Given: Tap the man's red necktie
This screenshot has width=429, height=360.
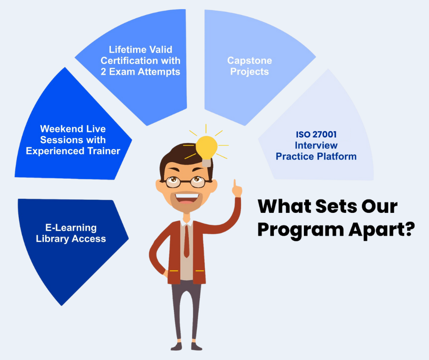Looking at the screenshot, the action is (x=187, y=241).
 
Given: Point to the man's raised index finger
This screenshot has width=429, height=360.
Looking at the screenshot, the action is (x=235, y=184).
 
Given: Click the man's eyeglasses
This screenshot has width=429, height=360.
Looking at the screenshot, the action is (x=185, y=182).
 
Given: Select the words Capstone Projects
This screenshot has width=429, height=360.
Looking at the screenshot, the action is (x=250, y=66).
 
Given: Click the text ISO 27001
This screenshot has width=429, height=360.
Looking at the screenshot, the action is (x=316, y=134).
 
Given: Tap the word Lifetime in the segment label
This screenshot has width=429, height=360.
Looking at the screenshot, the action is (x=125, y=50).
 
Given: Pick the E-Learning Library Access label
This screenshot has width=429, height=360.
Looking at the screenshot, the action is (x=71, y=233).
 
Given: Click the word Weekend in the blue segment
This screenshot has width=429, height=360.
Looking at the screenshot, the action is (x=57, y=129).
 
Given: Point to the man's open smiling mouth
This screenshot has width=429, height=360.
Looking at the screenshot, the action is (x=187, y=198).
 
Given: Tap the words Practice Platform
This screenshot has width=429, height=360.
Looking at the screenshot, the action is (x=316, y=156).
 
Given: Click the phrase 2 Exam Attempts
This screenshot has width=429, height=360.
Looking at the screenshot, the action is (x=141, y=72).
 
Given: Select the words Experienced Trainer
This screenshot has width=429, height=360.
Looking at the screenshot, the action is (x=73, y=151).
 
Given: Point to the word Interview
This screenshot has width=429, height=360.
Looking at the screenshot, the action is (x=316, y=145).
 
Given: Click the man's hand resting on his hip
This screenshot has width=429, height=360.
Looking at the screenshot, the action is (x=166, y=273).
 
